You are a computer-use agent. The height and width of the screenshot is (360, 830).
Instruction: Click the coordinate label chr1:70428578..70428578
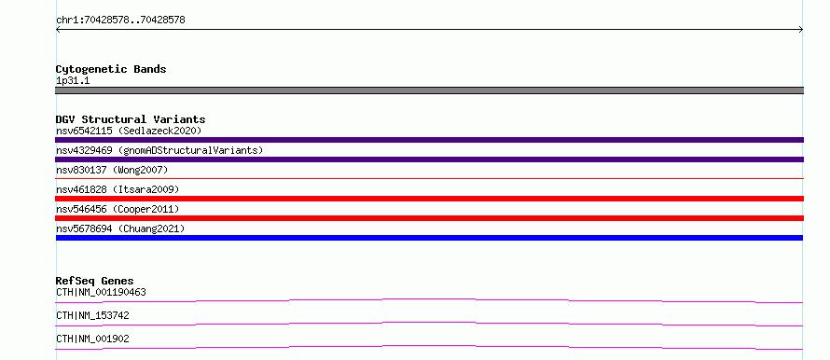point(120,21)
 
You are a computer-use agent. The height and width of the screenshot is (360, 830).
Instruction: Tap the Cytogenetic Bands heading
point(111,69)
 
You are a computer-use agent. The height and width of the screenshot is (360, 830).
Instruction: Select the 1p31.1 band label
point(73,81)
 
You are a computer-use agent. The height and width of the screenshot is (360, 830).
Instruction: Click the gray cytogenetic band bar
point(429,90)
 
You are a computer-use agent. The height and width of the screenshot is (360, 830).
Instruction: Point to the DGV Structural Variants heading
point(131,119)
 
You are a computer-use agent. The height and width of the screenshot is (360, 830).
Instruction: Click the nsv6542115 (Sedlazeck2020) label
point(129,131)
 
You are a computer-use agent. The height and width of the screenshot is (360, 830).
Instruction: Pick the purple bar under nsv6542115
point(429,140)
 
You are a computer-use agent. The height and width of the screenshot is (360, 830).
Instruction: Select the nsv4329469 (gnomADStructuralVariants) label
point(159,150)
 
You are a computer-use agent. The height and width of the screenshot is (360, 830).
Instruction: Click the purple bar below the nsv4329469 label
point(429,159)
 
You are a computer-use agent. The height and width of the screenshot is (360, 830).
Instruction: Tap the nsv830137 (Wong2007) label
point(112,170)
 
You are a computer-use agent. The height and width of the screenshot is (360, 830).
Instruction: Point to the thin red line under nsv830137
point(429,179)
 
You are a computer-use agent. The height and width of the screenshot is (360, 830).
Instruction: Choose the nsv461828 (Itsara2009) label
point(118,189)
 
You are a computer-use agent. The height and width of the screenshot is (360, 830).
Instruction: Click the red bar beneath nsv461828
point(429,199)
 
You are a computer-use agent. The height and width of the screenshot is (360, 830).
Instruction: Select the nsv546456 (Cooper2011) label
point(118,209)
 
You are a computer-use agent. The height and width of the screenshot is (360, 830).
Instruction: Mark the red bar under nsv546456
point(429,218)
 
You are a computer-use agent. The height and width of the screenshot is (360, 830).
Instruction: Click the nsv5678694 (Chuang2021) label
point(120,228)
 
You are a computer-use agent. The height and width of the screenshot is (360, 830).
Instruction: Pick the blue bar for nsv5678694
point(429,238)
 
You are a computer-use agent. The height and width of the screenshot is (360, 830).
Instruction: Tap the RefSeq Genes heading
point(95,281)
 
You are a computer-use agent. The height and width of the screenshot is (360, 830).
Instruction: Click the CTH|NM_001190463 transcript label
point(101,292)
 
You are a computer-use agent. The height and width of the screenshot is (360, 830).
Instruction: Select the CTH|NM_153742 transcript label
point(92,315)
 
